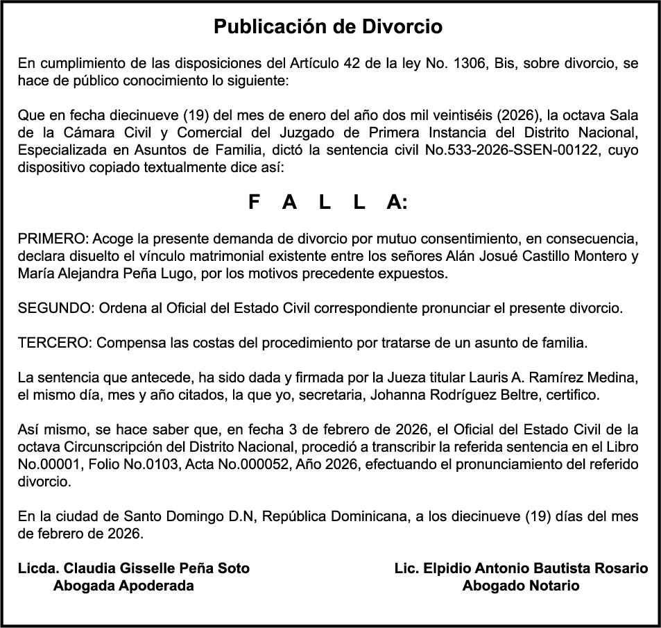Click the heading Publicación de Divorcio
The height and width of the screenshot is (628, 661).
(328, 27)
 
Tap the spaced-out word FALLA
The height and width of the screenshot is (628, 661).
(328, 202)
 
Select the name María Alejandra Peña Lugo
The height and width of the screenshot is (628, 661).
(105, 273)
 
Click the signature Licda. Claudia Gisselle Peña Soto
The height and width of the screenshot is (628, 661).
(133, 568)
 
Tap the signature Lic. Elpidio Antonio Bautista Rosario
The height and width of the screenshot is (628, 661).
(521, 568)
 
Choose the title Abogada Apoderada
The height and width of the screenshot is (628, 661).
(123, 586)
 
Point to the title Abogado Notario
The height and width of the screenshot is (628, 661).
(520, 586)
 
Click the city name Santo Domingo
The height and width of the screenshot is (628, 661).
(168, 517)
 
